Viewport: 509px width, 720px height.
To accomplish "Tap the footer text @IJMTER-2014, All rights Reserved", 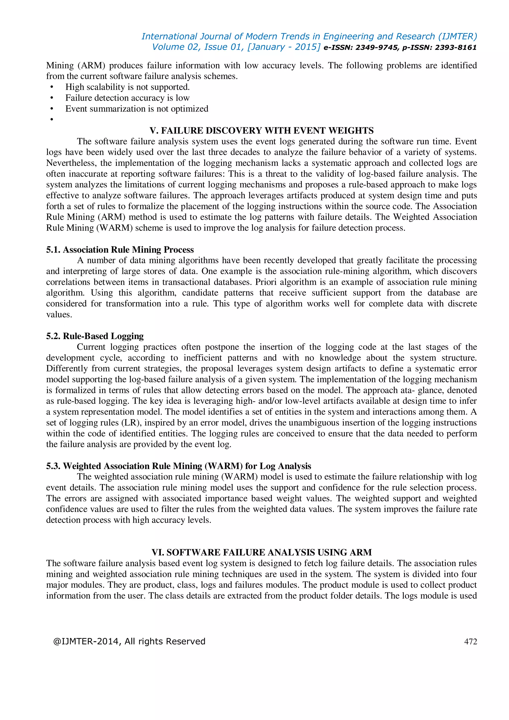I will point(129,641).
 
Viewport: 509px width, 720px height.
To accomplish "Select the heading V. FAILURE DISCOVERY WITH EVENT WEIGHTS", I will point(261,131).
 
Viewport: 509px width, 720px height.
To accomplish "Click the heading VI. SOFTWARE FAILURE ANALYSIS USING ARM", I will point(261,552).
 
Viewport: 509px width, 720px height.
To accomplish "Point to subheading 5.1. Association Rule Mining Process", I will point(120,250).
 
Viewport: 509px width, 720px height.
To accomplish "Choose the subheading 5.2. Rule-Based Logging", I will point(95,336).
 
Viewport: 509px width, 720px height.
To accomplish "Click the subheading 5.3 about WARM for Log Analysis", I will point(179,466).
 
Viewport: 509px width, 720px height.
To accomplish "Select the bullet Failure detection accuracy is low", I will point(127,98).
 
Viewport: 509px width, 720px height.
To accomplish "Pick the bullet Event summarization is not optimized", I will point(137,109).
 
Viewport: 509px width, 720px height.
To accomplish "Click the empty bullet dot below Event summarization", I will point(52,120).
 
